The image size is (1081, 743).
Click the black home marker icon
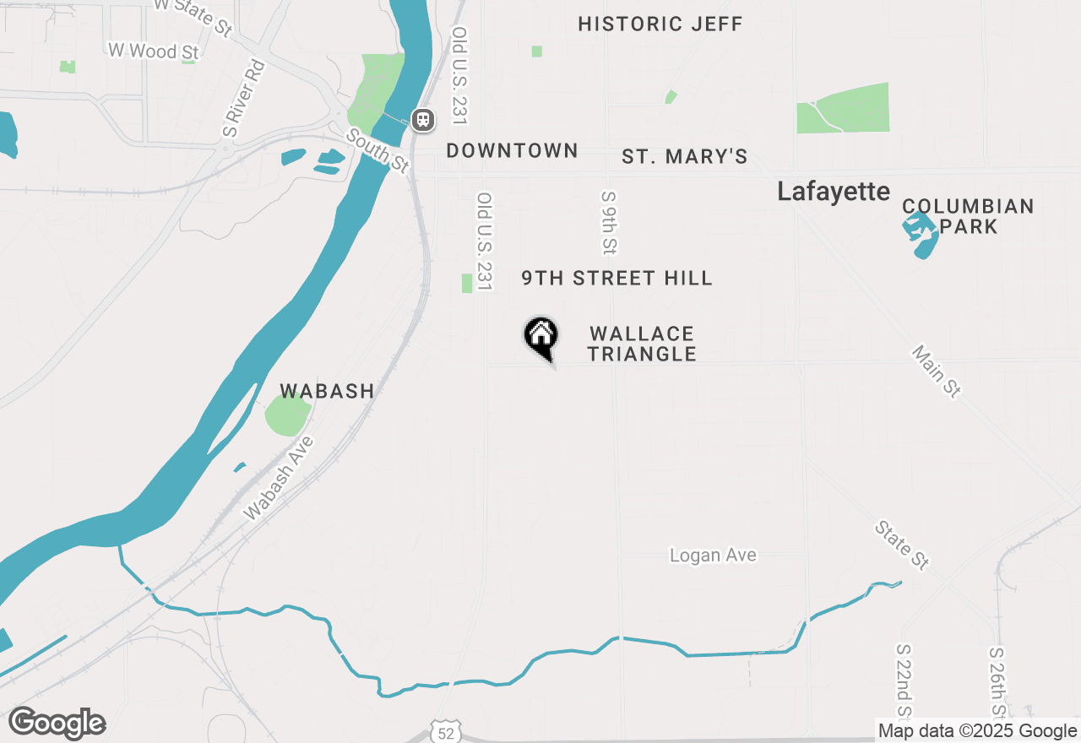coord(541,336)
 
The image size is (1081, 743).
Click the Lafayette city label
coord(834,192)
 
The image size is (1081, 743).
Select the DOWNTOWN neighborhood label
coord(512,151)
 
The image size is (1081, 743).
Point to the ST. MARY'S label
coord(685,157)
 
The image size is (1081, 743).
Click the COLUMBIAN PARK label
coord(968,216)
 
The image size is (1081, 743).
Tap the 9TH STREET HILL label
coord(617,278)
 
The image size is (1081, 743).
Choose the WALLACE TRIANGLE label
coord(642,344)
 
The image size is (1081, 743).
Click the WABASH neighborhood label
coord(327,391)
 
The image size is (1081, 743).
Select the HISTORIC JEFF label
coord(660,24)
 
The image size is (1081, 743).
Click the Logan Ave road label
coord(713,556)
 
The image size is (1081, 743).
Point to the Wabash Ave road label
coord(279,478)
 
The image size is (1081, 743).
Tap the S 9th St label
coord(609,222)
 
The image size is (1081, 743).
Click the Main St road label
coord(937,371)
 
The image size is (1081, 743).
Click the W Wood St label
coord(154,52)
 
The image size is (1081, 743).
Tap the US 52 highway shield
coord(445,733)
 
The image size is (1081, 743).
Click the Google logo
coord(57,724)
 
